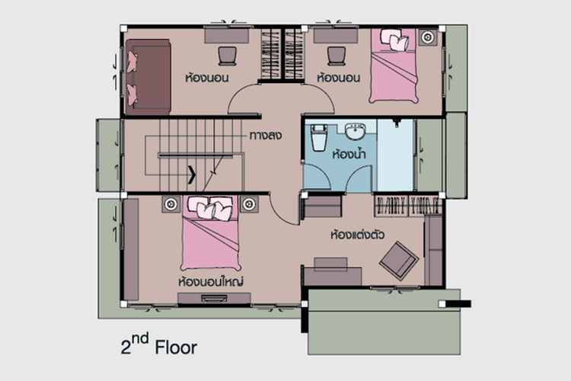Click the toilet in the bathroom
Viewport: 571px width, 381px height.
(319, 138)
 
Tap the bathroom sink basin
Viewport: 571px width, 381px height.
(355, 132)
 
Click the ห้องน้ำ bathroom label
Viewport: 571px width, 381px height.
(349, 154)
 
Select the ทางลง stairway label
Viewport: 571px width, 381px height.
(266, 136)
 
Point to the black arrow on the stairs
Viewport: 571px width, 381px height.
(192, 174)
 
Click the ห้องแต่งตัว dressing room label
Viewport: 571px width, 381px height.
(357, 235)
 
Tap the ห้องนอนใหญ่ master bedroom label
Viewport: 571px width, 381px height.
(211, 281)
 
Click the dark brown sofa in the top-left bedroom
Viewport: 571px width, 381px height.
(148, 77)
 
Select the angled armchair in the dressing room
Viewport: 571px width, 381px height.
(399, 261)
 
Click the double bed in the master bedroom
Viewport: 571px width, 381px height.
(210, 233)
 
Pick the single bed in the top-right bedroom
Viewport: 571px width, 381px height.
(394, 66)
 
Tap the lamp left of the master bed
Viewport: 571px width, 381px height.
(171, 204)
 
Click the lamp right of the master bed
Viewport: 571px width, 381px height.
(249, 204)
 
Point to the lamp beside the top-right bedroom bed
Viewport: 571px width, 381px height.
(428, 37)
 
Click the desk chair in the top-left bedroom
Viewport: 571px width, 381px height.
(228, 56)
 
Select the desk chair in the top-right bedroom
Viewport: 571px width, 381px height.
(336, 56)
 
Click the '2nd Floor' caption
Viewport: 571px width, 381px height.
(159, 344)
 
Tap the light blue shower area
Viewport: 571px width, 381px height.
(395, 155)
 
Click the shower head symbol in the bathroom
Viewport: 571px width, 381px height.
(397, 123)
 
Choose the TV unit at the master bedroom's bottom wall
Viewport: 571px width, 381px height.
(214, 298)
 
